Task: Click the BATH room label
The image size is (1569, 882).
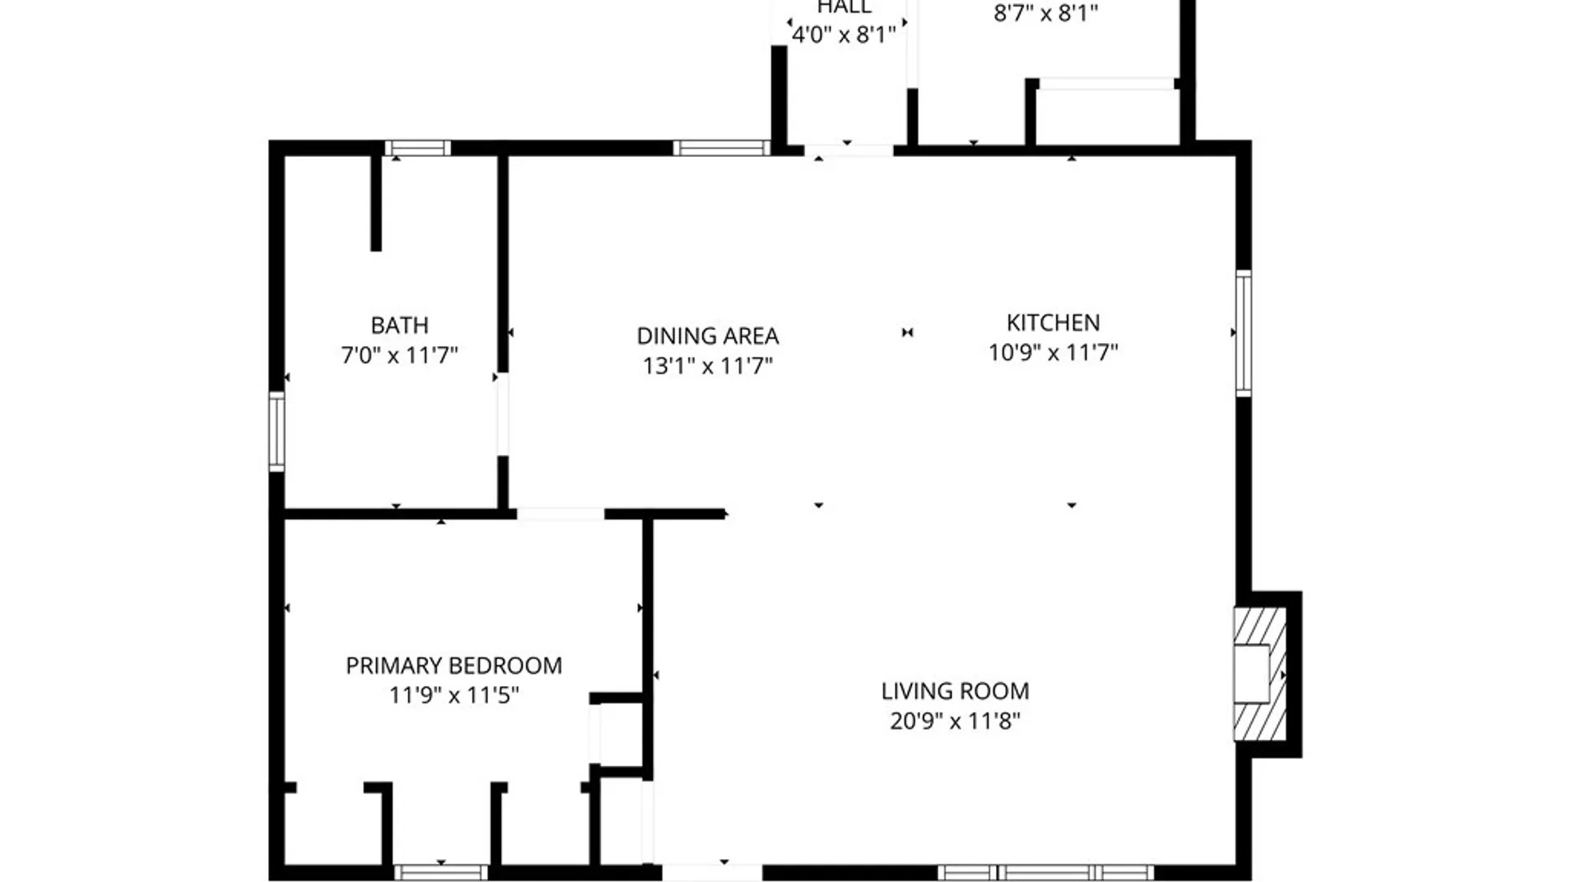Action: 400,325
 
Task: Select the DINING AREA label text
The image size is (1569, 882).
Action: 708,336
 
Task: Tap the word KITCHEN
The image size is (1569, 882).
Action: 1053,323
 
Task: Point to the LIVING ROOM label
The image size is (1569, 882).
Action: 954,691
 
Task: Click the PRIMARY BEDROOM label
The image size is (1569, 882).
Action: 454,666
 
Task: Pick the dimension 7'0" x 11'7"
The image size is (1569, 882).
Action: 400,355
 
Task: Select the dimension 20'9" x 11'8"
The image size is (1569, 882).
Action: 954,721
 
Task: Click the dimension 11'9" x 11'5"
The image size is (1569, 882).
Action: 454,696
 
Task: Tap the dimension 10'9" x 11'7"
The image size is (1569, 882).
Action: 1053,353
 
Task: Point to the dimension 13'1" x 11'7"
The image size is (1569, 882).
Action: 708,366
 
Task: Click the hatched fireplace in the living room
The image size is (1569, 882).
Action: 1258,674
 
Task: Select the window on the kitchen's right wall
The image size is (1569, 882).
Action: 1243,333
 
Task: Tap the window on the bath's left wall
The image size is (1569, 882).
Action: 277,431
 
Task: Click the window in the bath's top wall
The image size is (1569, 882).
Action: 418,148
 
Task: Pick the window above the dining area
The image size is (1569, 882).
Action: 721,148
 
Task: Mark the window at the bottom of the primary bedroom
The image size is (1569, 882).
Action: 440,872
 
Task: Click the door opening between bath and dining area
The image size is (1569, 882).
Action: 503,414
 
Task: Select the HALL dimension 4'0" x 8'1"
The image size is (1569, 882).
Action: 844,34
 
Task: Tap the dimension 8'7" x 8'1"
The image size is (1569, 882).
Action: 1045,14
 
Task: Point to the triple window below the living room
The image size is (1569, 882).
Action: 1046,872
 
